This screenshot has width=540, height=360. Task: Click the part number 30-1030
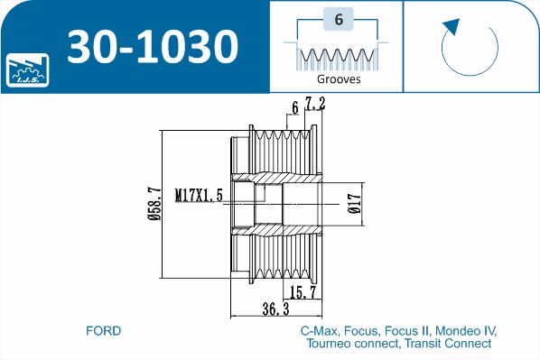(x=153, y=46)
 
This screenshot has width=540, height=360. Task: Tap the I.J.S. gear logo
(x=28, y=70)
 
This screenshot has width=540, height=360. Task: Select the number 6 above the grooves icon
(x=339, y=19)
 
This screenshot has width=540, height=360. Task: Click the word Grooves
(x=339, y=79)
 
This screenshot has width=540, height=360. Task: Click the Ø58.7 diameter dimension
(x=154, y=204)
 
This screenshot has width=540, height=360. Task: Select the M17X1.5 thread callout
(x=199, y=195)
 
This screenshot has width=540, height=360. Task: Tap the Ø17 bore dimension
(x=355, y=203)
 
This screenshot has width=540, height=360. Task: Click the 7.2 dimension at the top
(x=315, y=104)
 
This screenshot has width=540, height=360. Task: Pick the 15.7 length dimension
(x=303, y=292)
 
